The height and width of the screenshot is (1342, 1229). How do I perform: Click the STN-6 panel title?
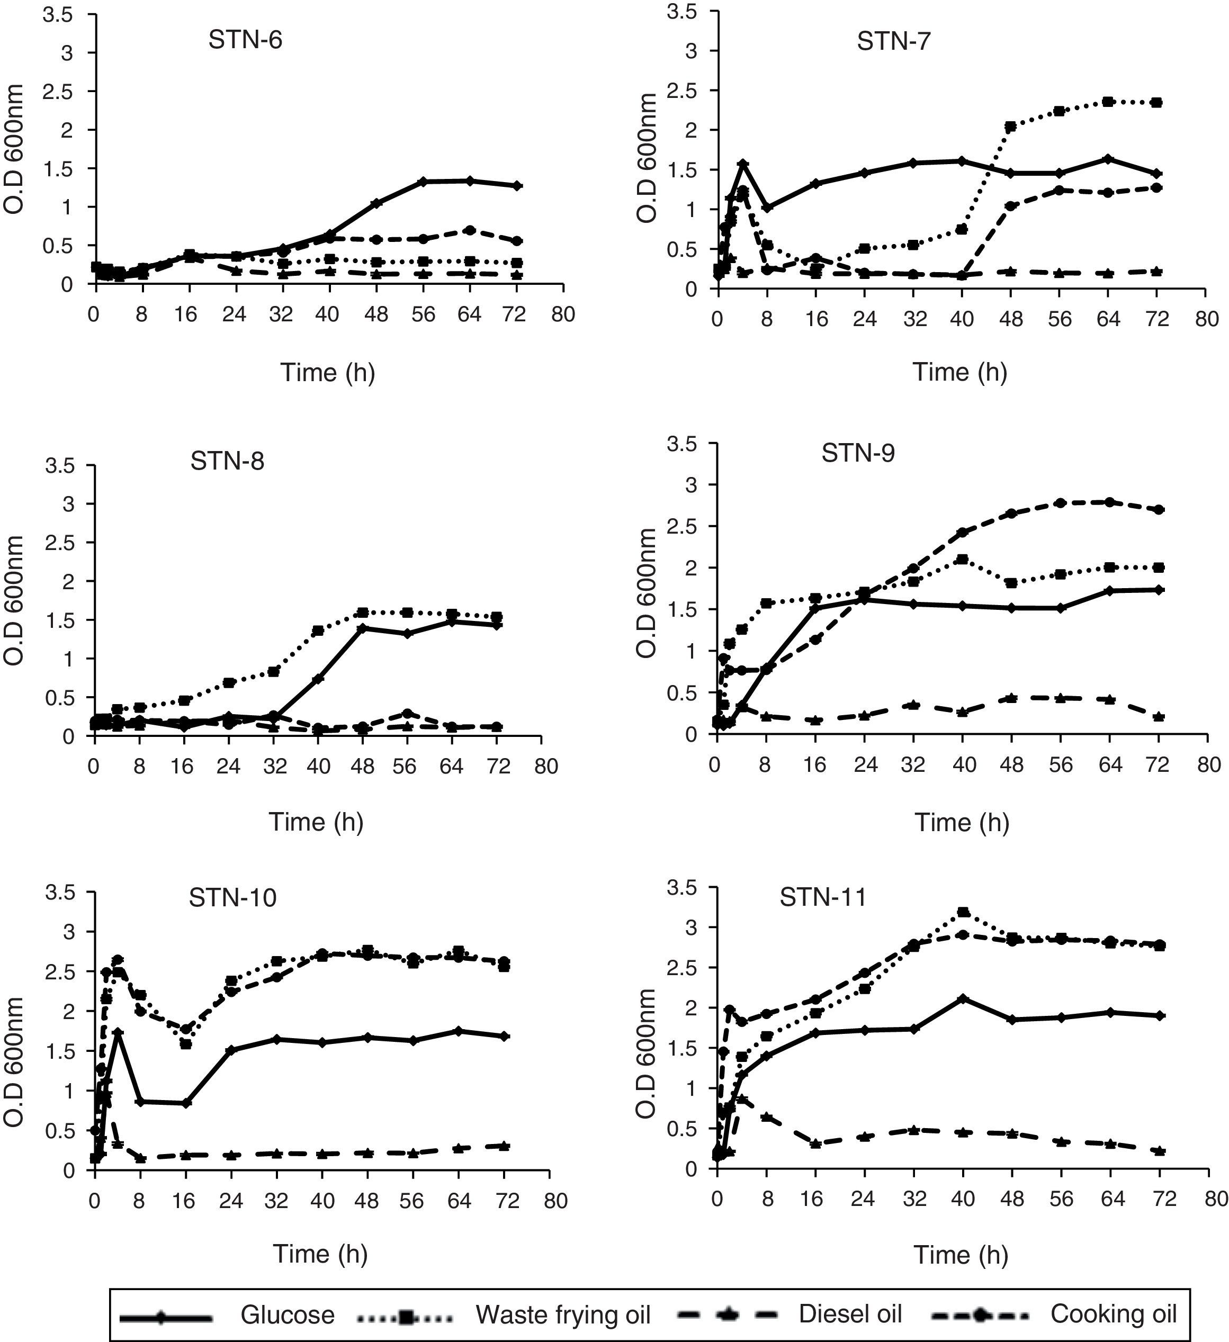(x=245, y=40)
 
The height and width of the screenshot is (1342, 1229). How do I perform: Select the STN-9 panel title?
(x=858, y=453)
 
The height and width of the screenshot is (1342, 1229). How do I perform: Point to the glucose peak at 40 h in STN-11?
(x=963, y=999)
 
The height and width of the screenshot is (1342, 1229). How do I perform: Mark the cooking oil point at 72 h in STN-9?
(x=1159, y=510)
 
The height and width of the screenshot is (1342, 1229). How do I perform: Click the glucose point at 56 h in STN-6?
(x=424, y=181)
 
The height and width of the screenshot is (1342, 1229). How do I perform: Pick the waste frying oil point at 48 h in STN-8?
(x=362, y=613)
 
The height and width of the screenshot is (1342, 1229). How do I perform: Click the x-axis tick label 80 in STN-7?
(x=1206, y=320)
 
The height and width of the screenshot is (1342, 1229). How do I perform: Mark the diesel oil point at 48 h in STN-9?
(x=1011, y=698)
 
